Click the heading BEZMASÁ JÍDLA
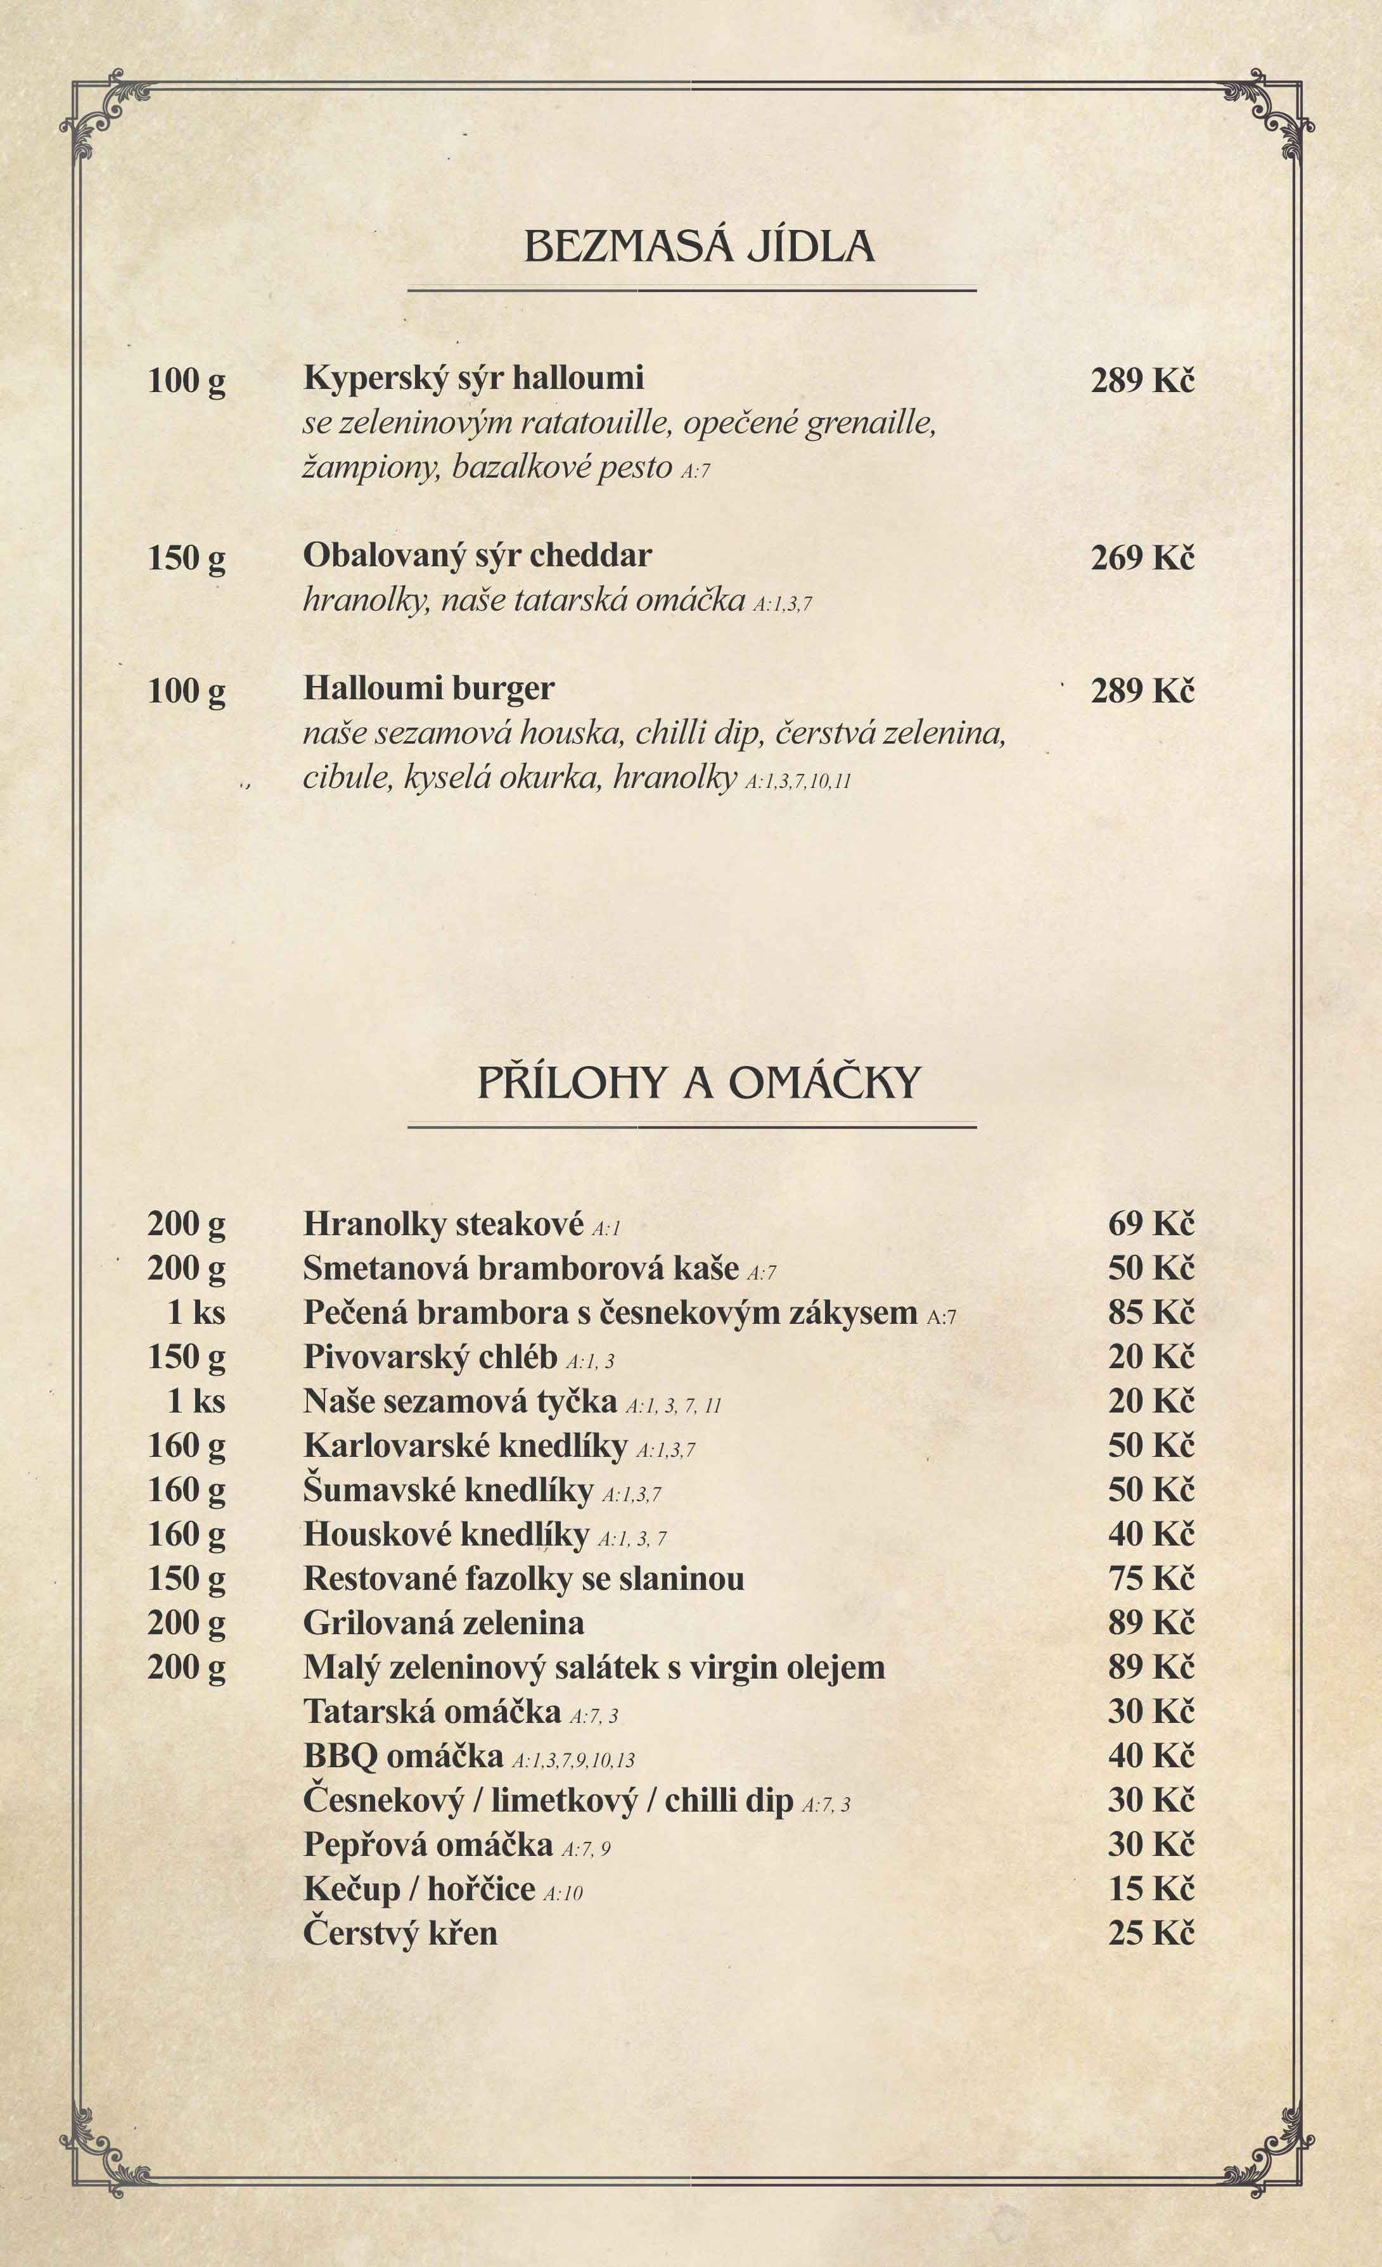[x=700, y=246]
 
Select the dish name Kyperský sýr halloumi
[x=473, y=378]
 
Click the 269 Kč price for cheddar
[x=1142, y=557]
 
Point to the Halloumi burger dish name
[x=429, y=688]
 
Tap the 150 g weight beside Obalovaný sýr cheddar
[x=187, y=557]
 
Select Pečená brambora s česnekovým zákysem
[x=610, y=1312]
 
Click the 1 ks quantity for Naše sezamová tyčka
[x=196, y=1400]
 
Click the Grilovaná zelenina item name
[x=444, y=1622]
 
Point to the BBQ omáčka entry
[x=403, y=1755]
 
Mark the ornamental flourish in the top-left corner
[x=101, y=110]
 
